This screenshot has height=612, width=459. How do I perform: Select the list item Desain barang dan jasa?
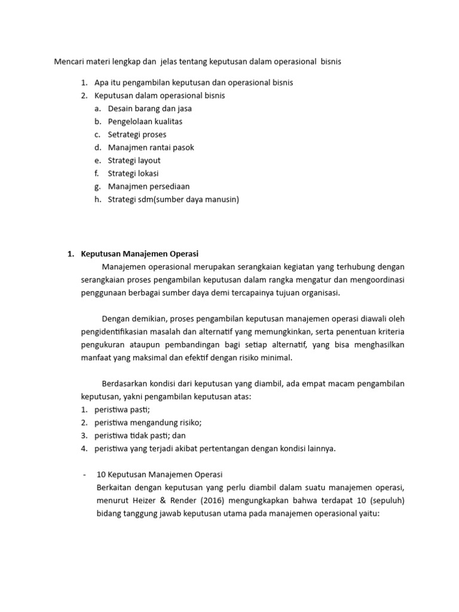click(x=149, y=108)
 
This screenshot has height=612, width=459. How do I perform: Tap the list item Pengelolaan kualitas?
click(x=145, y=121)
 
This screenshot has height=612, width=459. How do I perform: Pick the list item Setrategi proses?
click(x=137, y=134)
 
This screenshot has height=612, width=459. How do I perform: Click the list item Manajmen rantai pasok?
click(x=151, y=148)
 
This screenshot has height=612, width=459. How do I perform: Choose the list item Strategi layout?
click(x=134, y=161)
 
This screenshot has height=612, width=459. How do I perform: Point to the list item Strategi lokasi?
click(x=133, y=174)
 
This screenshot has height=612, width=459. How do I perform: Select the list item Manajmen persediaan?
click(x=148, y=186)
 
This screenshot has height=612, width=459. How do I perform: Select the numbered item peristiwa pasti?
click(x=122, y=409)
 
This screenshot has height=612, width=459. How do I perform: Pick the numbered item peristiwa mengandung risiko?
click(x=148, y=423)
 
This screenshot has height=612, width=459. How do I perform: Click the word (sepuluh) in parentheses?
click(x=386, y=500)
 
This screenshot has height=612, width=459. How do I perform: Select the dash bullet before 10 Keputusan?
click(x=84, y=475)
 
